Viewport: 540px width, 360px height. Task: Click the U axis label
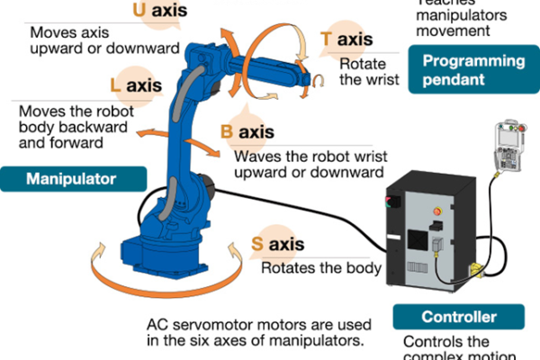(x=159, y=11)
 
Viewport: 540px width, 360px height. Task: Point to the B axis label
(x=247, y=132)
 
